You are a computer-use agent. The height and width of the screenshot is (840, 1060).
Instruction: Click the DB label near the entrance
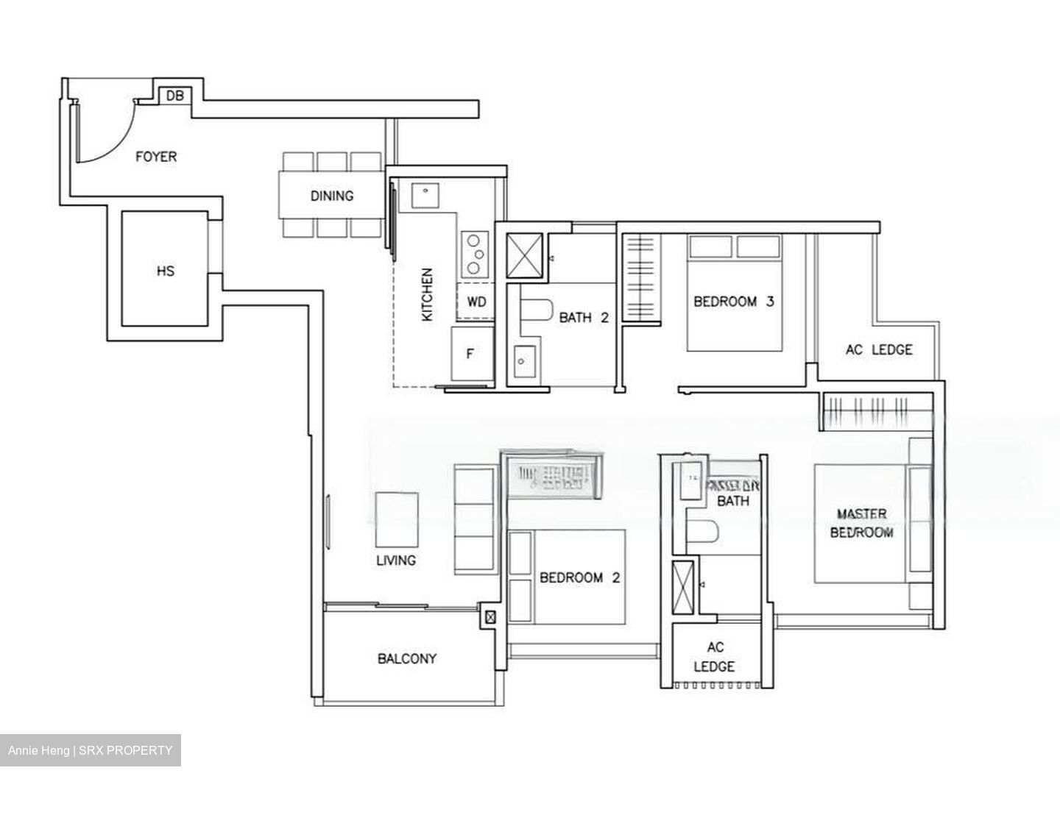pyautogui.click(x=174, y=96)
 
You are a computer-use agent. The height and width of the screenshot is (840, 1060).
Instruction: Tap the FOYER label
pyautogui.click(x=156, y=157)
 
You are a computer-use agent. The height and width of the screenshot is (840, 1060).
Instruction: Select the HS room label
pyautogui.click(x=166, y=271)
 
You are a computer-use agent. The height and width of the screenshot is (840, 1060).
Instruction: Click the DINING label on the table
pyautogui.click(x=331, y=196)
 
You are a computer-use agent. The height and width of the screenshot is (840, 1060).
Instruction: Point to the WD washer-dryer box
pyautogui.click(x=476, y=302)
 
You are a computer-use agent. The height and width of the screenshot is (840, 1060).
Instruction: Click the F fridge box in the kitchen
pyautogui.click(x=470, y=354)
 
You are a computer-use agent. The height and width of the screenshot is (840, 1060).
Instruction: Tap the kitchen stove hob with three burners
pyautogui.click(x=476, y=252)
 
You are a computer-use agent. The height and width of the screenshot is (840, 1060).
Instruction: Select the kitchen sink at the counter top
pyautogui.click(x=425, y=193)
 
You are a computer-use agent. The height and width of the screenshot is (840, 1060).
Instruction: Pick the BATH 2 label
pyautogui.click(x=584, y=318)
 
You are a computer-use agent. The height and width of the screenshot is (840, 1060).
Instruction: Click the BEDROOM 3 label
pyautogui.click(x=733, y=302)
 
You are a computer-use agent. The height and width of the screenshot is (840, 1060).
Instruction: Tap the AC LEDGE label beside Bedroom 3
pyautogui.click(x=878, y=350)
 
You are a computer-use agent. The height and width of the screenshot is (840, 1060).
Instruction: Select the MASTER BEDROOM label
pyautogui.click(x=861, y=523)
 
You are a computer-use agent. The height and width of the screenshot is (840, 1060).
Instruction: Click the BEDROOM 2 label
pyautogui.click(x=579, y=578)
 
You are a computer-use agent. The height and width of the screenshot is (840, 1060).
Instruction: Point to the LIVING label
pyautogui.click(x=396, y=560)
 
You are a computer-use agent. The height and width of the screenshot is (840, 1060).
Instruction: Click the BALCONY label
pyautogui.click(x=407, y=659)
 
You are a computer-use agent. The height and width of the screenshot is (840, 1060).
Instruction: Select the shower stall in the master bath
pyautogui.click(x=683, y=587)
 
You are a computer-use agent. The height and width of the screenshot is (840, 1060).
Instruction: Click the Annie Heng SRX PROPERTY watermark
pyautogui.click(x=91, y=750)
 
